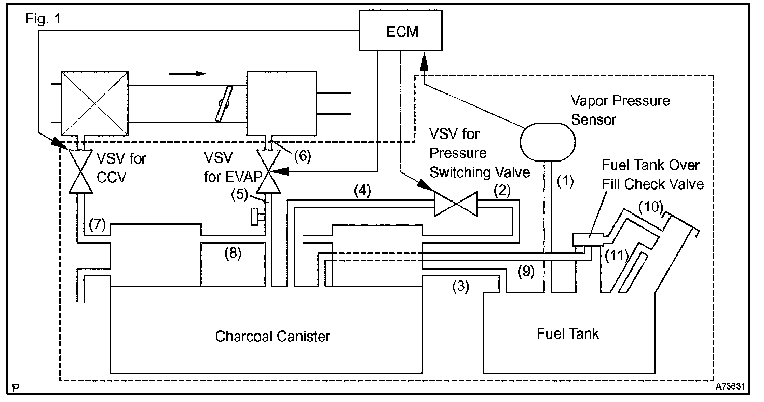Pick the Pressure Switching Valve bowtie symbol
point(455,204)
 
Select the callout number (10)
point(650,207)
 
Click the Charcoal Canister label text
point(272,336)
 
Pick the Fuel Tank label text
point(567,333)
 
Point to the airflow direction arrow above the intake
point(187,73)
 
